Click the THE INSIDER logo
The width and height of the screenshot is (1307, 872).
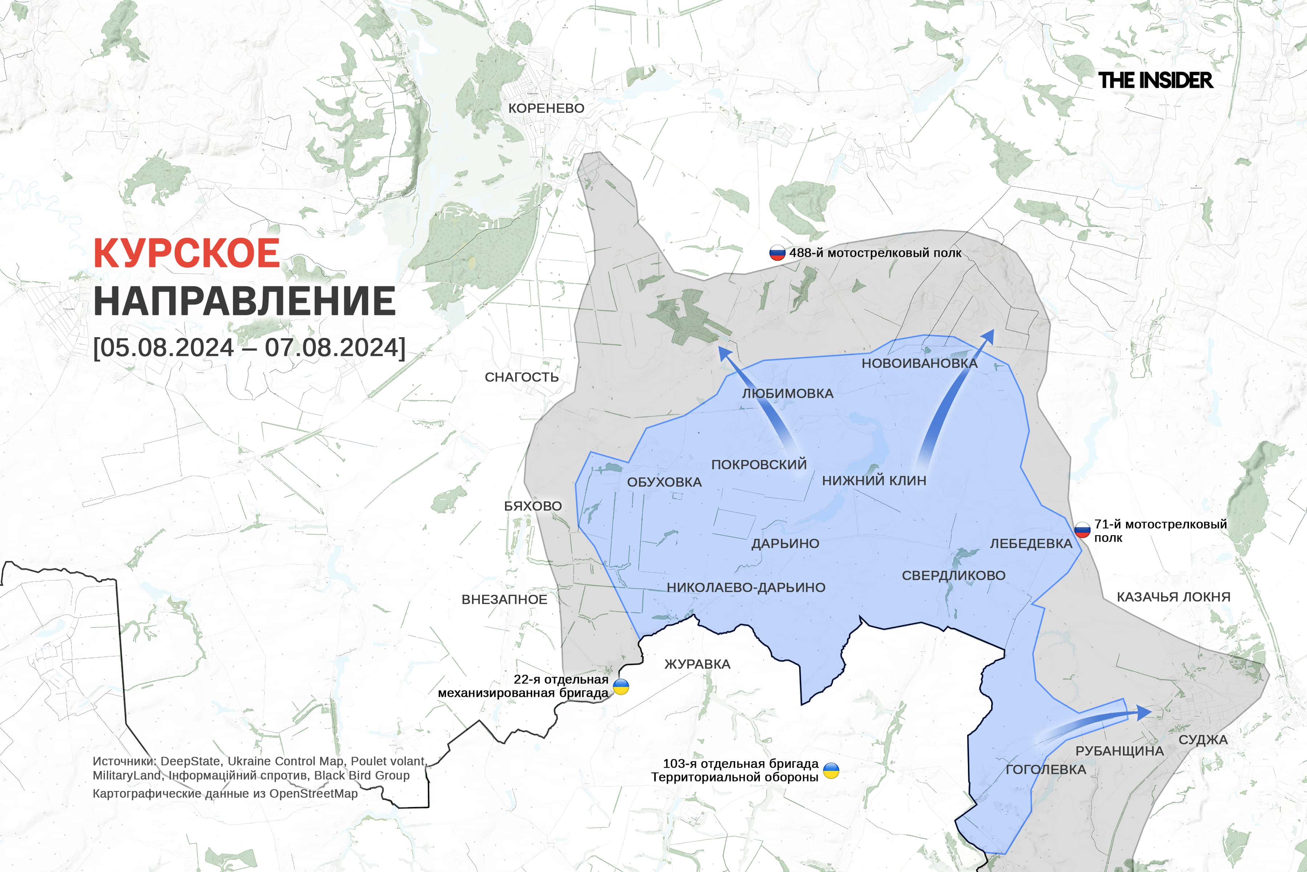[1155, 81]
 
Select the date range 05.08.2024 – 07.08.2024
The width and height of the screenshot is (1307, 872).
[249, 348]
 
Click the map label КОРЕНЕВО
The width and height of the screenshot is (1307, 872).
[546, 108]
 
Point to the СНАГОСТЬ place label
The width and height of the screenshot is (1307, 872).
[521, 377]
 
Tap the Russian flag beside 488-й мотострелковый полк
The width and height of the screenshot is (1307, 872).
[777, 253]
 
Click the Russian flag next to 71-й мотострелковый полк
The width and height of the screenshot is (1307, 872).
[1082, 530]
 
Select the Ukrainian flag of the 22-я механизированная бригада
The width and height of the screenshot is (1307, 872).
[621, 687]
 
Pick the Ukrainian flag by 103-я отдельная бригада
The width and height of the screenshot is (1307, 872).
[831, 770]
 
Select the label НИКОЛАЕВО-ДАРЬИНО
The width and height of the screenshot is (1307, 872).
[746, 587]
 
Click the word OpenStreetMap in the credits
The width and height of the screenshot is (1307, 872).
[313, 794]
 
